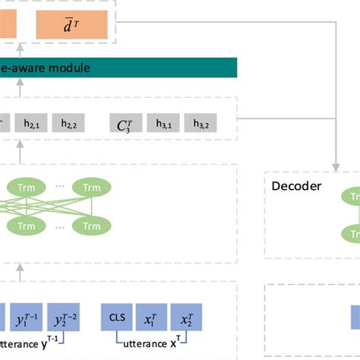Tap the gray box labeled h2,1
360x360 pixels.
click(32, 123)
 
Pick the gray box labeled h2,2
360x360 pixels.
click(70, 123)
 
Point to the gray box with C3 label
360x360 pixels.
click(125, 123)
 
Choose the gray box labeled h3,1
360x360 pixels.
click(165, 123)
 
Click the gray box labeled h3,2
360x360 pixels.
click(202, 123)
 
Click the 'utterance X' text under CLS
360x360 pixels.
click(152, 343)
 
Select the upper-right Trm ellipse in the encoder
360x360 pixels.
click(91, 187)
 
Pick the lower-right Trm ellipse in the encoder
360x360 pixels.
click(91, 226)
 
